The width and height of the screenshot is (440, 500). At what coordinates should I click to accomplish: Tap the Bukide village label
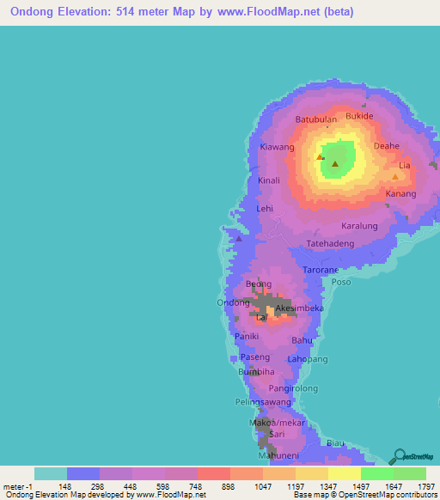(x=359, y=115)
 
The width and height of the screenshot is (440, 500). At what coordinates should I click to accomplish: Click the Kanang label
(x=400, y=194)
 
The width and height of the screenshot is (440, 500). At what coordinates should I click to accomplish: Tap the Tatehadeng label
(x=331, y=244)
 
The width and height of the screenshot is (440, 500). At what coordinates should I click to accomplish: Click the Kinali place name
(x=270, y=181)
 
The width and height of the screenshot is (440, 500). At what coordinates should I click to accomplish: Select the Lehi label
(x=265, y=209)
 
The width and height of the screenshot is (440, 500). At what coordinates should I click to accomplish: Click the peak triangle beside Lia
(x=395, y=176)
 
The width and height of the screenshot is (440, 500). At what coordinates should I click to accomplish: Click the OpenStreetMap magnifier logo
(x=399, y=456)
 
